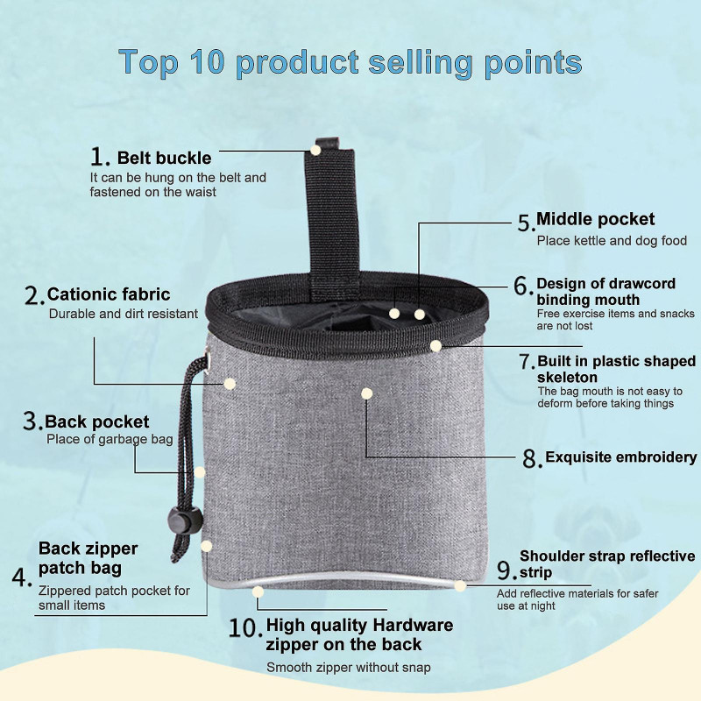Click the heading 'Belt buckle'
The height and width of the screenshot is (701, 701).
coord(164,159)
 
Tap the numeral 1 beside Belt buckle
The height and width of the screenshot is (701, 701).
coord(99,157)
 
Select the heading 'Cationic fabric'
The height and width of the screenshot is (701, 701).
coord(109,294)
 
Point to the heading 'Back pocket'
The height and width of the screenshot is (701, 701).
coord(96,422)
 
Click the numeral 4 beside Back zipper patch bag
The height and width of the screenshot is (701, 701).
coord(21,577)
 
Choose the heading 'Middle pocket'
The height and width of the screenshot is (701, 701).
coord(596,220)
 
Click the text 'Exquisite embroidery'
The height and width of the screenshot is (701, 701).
coord(621,457)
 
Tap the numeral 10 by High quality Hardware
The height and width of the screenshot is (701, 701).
coord(244,628)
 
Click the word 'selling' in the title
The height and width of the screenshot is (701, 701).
coord(421,62)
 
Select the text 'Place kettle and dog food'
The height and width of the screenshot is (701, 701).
coord(612,241)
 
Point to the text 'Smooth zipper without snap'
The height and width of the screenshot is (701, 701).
coord(349,668)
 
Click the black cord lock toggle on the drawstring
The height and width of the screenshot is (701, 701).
coord(185,520)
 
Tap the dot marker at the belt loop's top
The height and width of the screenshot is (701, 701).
coord(315,150)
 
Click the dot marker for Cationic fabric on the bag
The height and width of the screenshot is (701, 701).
coord(230,384)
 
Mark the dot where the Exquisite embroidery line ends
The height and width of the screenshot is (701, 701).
coord(366,393)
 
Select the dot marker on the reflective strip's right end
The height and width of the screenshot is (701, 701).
coord(460,585)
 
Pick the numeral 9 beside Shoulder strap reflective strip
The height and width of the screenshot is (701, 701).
coord(506,570)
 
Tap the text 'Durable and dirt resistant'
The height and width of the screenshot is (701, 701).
coord(124,314)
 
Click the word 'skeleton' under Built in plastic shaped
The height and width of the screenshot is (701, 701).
coord(567,378)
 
